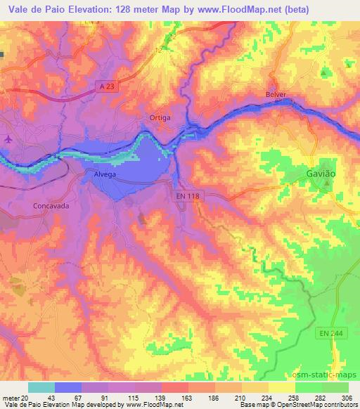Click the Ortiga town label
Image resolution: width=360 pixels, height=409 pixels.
click(x=160, y=117)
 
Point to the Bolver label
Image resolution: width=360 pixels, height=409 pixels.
click(x=277, y=94)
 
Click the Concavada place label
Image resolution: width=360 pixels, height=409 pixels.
click(x=50, y=207)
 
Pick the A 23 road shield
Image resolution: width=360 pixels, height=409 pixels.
click(x=106, y=86)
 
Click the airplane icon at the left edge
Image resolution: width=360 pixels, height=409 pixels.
click(x=8, y=138)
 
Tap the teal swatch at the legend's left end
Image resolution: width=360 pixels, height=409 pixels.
click(x=41, y=387)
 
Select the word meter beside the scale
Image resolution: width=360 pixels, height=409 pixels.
click(x=8, y=398)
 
